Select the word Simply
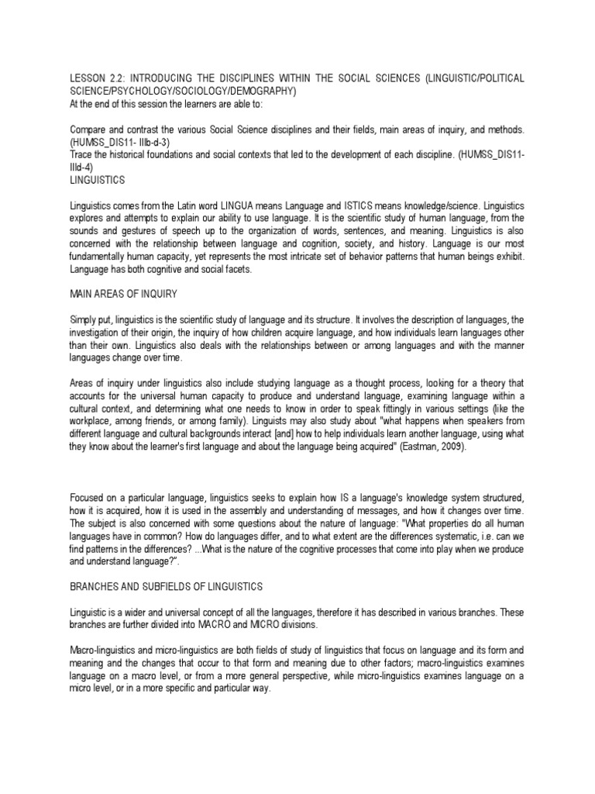(85, 321)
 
